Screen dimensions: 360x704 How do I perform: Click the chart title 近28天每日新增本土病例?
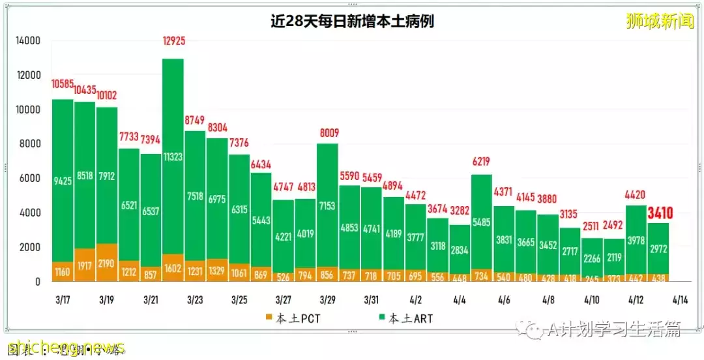(x=352, y=22)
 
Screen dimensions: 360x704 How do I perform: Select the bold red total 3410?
(x=660, y=213)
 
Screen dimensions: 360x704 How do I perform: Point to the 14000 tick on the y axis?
(x=28, y=40)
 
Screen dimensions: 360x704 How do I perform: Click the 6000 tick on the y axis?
(x=31, y=178)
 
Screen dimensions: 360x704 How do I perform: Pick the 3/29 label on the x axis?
(x=327, y=300)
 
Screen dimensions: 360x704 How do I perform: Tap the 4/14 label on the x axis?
(x=680, y=300)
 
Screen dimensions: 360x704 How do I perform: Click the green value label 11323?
(x=173, y=157)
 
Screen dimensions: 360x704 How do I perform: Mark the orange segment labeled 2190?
(x=107, y=267)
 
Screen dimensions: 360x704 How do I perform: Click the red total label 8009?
(x=327, y=134)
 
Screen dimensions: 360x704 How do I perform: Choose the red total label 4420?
(x=636, y=194)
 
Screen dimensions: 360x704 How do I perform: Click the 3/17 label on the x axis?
(x=63, y=300)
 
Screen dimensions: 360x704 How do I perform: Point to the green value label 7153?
(x=327, y=207)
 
